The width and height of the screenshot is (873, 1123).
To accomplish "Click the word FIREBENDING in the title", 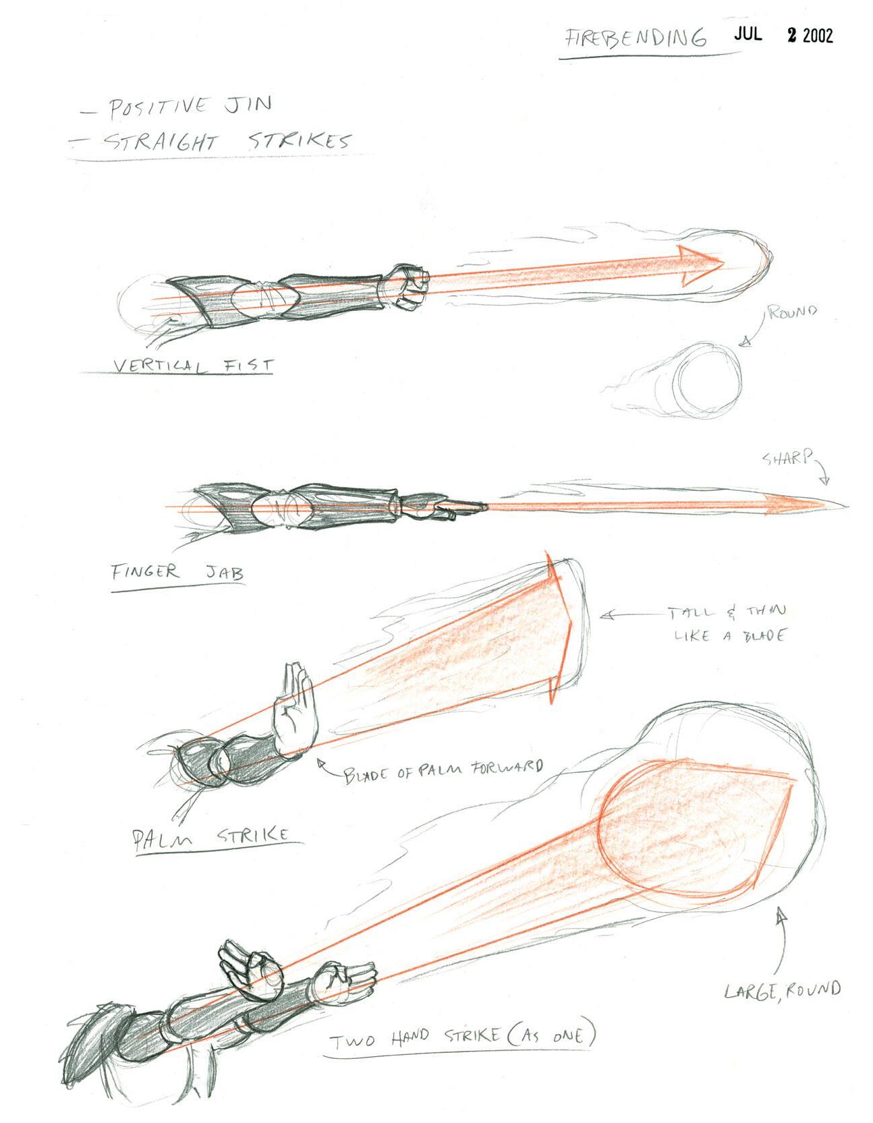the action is click(635, 37).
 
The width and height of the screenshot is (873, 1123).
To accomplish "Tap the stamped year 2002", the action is click(817, 36).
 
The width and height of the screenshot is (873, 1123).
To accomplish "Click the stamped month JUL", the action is click(748, 34).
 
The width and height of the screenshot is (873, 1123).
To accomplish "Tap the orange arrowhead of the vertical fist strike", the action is click(698, 265).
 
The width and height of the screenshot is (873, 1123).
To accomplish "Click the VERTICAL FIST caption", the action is click(194, 365).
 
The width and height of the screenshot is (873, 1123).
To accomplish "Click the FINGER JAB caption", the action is click(177, 574).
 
